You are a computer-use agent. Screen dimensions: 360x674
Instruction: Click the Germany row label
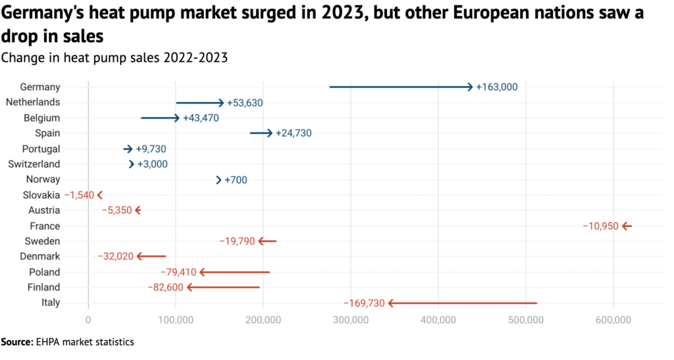(x=40, y=87)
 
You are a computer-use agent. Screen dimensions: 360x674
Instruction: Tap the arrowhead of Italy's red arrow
(x=391, y=303)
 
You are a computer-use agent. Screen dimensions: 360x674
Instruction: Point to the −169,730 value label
(x=364, y=303)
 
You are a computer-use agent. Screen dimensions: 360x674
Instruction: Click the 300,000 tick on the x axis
(x=351, y=320)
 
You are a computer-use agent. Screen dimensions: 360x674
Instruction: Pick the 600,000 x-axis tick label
(x=613, y=320)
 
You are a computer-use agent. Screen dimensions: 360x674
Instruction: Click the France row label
(x=45, y=226)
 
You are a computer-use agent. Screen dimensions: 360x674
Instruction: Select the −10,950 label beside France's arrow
(x=600, y=226)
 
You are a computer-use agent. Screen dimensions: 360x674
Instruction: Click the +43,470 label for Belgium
(x=200, y=118)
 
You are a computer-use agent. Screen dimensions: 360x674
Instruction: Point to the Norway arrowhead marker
(x=219, y=180)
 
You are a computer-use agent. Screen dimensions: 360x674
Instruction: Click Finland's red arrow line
(x=224, y=288)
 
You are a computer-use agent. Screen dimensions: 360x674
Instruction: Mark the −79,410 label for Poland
(x=178, y=272)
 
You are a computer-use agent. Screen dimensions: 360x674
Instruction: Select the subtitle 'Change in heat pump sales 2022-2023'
(x=115, y=57)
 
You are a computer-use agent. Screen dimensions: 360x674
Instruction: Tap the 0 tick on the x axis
(x=88, y=320)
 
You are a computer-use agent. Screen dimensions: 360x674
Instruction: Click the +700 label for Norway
(x=236, y=180)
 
